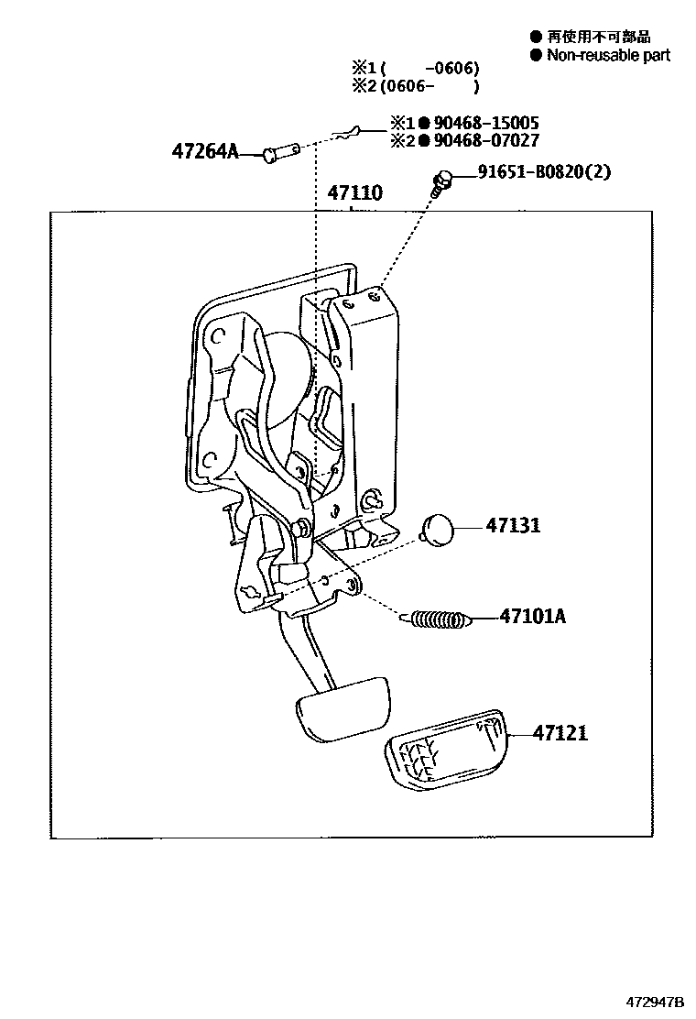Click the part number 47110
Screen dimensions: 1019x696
coord(354,193)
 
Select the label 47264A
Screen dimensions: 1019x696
coord(203,151)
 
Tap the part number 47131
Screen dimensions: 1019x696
coord(513,526)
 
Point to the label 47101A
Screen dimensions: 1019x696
coord(532,617)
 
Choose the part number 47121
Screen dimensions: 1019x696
coord(561,733)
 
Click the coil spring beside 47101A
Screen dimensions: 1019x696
coord(439,620)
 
